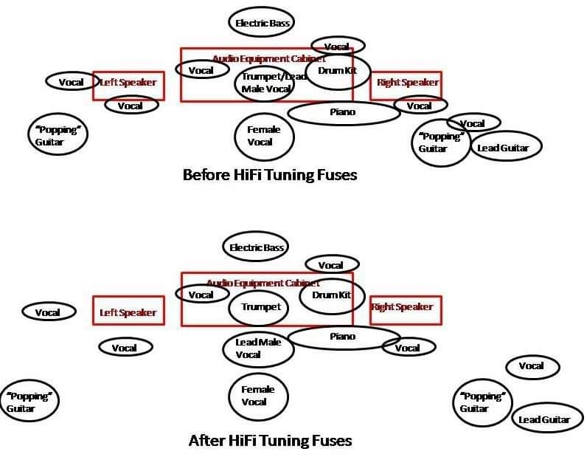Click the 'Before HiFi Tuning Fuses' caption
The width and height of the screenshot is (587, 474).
[269, 175]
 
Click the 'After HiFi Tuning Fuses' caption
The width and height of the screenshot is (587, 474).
[270, 441]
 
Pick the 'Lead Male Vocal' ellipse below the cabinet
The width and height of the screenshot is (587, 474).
[258, 348]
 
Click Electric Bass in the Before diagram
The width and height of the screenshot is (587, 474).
[261, 23]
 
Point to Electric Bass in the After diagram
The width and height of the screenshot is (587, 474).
[255, 247]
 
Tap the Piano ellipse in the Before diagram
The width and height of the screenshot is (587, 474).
[343, 112]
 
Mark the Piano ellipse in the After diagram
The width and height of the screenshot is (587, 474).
[343, 337]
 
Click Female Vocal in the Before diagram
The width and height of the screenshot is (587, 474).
[263, 136]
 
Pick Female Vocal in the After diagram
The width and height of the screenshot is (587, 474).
[258, 396]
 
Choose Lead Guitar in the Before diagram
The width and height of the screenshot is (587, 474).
[504, 148]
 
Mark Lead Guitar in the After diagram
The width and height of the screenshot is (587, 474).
[545, 419]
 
